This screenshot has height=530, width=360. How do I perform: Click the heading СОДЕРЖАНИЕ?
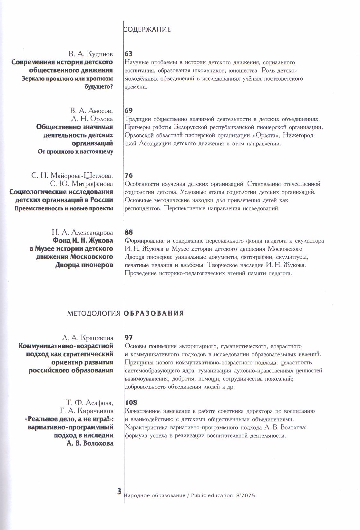(x=147, y=29)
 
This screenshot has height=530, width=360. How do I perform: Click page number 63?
(x=128, y=54)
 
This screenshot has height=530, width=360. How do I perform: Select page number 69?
(x=128, y=111)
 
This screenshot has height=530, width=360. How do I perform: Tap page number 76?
(x=128, y=176)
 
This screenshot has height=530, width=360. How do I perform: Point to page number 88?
(x=128, y=232)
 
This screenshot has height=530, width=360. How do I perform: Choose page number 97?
(x=128, y=337)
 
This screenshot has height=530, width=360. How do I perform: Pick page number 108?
(x=131, y=402)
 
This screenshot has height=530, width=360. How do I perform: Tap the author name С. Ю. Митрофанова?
(x=82, y=184)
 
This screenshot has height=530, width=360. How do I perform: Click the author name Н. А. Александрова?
(x=83, y=232)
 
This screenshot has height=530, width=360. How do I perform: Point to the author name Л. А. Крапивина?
(x=87, y=338)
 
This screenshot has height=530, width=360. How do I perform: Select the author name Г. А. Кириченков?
(x=86, y=411)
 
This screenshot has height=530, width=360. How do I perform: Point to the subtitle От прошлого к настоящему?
(x=75, y=151)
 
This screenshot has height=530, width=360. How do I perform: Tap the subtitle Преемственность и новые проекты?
(x=64, y=208)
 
